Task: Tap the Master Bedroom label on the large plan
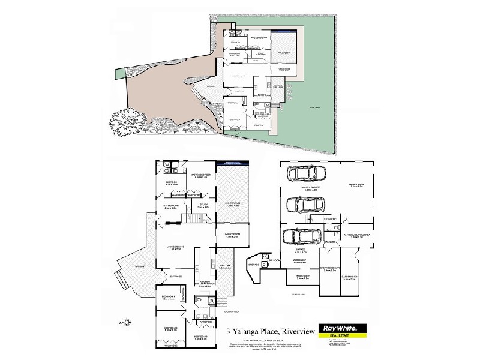[x=202, y=176]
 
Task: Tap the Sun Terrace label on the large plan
[x=231, y=205]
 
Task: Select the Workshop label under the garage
[x=299, y=262]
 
